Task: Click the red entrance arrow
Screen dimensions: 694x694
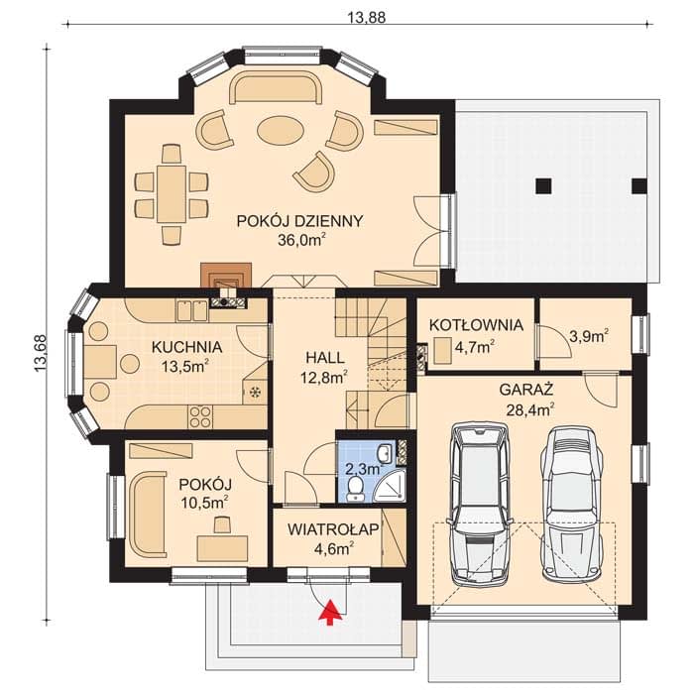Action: pos(329,613)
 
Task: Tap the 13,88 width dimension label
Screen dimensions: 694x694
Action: pos(367,17)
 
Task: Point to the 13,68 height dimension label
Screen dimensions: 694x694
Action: pos(41,353)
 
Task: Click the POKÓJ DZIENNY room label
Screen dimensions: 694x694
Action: pos(299,221)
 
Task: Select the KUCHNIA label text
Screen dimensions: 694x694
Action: pos(186,347)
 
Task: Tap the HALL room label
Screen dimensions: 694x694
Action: pos(325,358)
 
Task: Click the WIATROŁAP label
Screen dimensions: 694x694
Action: pos(333,529)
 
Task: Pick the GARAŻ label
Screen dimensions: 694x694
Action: pos(526,390)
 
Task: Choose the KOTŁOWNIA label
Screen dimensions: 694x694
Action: pos(476,325)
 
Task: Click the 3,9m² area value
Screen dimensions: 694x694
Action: pos(588,336)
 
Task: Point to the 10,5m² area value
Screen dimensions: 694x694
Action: pos(204,503)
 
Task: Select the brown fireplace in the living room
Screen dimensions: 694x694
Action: pos(226,277)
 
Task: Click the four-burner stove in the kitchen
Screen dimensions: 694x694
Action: pos(200,417)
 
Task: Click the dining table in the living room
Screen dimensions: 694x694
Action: pos(171,194)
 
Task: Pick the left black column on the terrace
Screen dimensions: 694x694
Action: pos(543,186)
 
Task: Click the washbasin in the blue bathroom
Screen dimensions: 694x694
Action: pos(385,453)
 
